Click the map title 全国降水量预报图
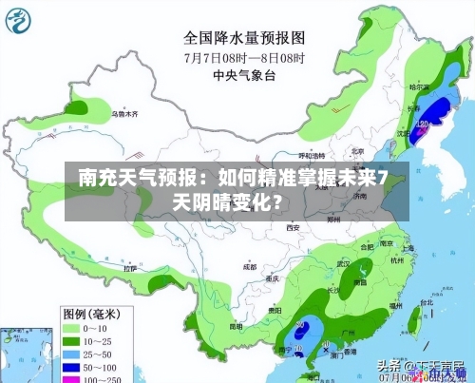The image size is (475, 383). point(244,39)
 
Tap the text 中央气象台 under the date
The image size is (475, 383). point(244,74)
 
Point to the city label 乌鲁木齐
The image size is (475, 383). point(124,114)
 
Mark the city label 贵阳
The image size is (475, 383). point(274,310)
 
